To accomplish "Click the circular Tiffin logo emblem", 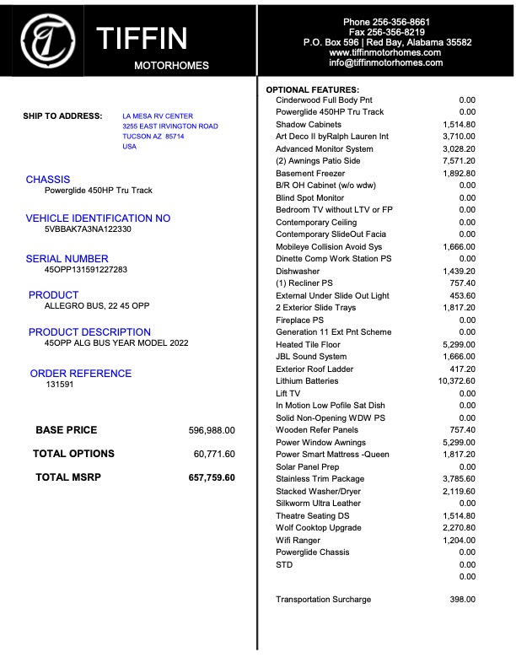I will (x=48, y=39).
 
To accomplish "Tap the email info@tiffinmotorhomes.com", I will (x=385, y=62).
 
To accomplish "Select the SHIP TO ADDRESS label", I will (x=62, y=116).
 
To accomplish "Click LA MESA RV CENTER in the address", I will (x=158, y=116).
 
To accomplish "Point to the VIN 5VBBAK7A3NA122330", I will (x=89, y=229).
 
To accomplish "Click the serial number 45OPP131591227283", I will (x=86, y=270).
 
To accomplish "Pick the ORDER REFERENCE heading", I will (x=81, y=373).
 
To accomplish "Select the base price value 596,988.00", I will (x=212, y=430).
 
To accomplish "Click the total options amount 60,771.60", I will (x=214, y=454).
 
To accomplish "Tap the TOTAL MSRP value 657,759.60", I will (x=212, y=477).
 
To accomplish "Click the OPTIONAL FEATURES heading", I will (x=313, y=89).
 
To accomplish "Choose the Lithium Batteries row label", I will (x=307, y=381).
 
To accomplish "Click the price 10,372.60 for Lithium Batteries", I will (x=454, y=381).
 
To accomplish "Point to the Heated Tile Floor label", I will (x=309, y=344).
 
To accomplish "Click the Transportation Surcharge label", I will (x=323, y=600).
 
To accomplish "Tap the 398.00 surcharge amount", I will (x=463, y=600).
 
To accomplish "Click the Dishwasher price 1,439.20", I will (x=459, y=272).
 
